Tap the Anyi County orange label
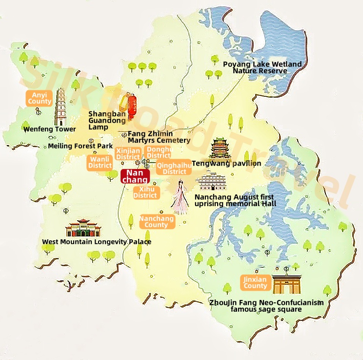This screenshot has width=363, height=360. [x=40, y=98]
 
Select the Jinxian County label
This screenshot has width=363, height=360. [x=255, y=282]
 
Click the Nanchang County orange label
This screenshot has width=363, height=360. [x=157, y=222]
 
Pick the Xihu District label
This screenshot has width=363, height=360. [x=146, y=192]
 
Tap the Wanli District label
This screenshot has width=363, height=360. [x=100, y=162]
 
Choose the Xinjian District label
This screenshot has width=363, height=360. [x=128, y=153]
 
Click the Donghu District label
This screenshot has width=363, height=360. [x=159, y=152]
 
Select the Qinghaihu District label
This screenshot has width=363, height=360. [x=174, y=169]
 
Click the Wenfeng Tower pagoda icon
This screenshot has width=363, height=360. [x=61, y=106]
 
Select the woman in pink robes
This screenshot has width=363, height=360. [x=180, y=196]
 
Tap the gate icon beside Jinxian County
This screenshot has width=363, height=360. [x=286, y=283]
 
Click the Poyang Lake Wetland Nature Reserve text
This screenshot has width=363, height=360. [x=262, y=67]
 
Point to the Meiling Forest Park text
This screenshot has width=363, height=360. [x=81, y=146]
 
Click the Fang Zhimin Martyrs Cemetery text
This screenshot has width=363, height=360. [x=159, y=137]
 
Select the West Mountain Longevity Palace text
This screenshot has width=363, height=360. [x=97, y=242]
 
